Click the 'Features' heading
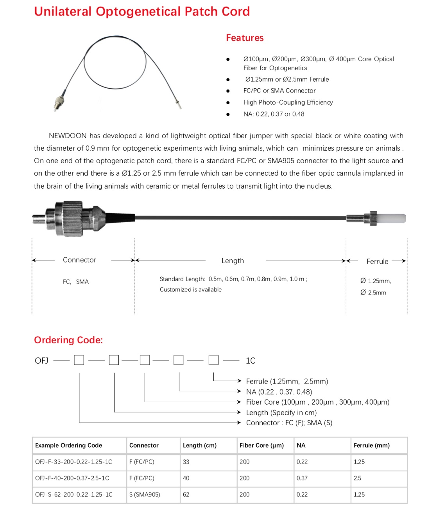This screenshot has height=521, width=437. (245, 38)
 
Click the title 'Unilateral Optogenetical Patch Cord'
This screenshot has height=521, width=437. (142, 11)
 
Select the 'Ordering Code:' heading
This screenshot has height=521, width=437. (68, 340)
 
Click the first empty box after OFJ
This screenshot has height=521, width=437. (79, 360)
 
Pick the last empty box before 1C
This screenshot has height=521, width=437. (213, 360)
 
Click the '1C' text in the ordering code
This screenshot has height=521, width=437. (251, 360)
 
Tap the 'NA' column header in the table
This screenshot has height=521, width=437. (301, 445)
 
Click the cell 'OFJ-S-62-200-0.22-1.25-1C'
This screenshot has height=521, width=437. (74, 494)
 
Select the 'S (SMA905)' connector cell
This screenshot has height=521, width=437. (145, 494)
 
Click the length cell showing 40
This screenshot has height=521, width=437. (186, 478)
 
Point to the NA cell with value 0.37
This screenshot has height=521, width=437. (302, 478)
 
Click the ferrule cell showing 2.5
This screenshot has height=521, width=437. (357, 478)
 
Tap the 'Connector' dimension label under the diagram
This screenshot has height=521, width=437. (79, 260)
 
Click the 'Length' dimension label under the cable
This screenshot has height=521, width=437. (233, 261)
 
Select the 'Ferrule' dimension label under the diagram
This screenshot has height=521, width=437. (377, 262)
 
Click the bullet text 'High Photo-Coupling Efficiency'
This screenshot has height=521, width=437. (288, 102)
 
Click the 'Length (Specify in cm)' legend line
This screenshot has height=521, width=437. (281, 412)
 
